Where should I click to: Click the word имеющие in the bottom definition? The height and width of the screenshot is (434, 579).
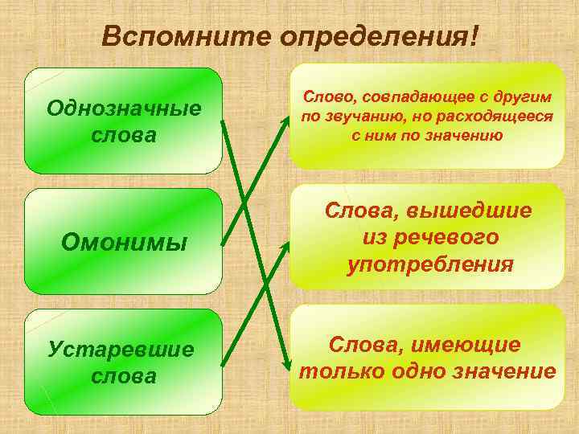pos(466,344)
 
